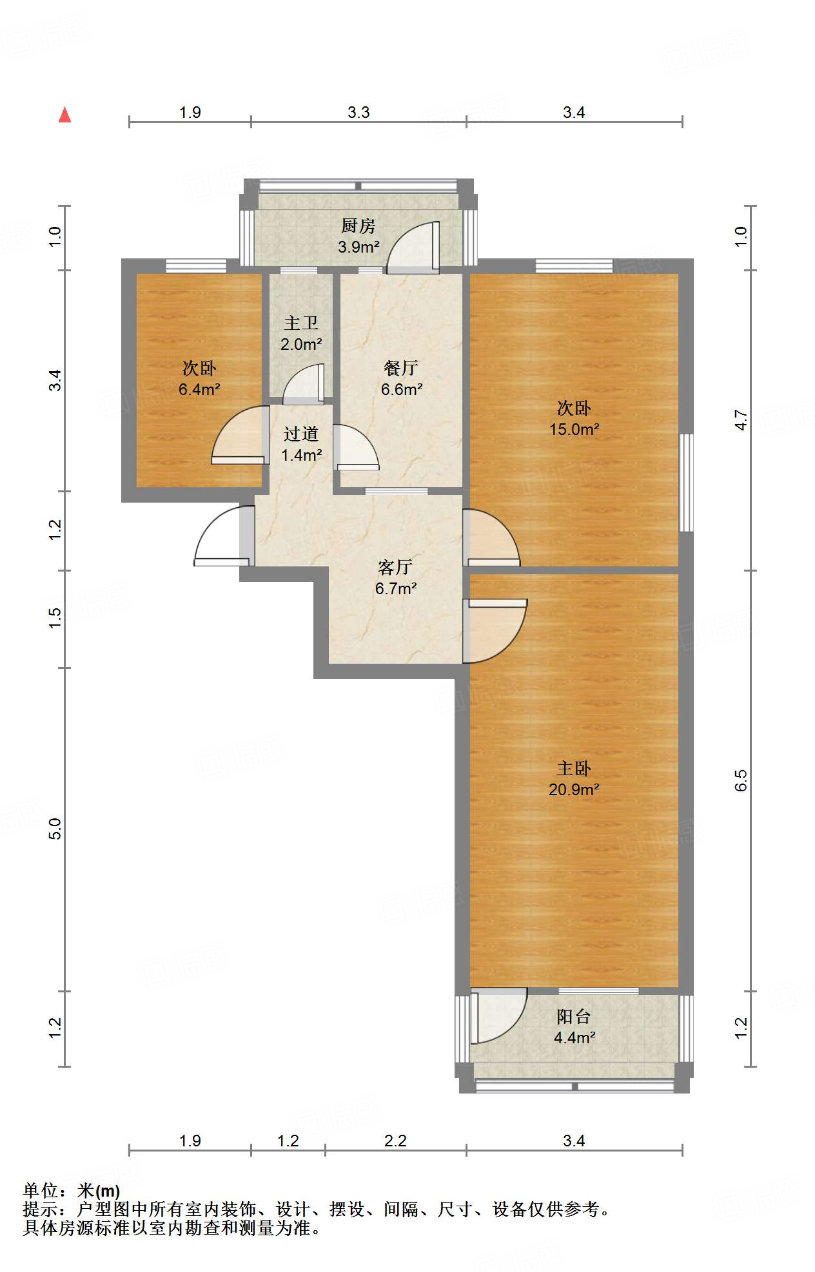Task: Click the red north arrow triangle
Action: point(64,115)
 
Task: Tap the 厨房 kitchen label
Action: point(358,226)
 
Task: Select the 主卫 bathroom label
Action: point(301,323)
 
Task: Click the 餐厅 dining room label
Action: point(401,368)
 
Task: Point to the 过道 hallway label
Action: point(301,434)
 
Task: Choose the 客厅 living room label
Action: point(395,567)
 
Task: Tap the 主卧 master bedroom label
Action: point(574,768)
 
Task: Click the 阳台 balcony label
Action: point(574,1016)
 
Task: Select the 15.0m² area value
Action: point(574,429)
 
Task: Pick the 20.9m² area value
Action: point(574,789)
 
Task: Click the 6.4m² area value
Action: point(199,389)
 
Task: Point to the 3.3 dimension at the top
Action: point(358,112)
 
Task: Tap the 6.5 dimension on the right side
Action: point(741,780)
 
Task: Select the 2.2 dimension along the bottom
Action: point(395,1141)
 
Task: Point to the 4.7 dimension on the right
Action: point(741,420)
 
